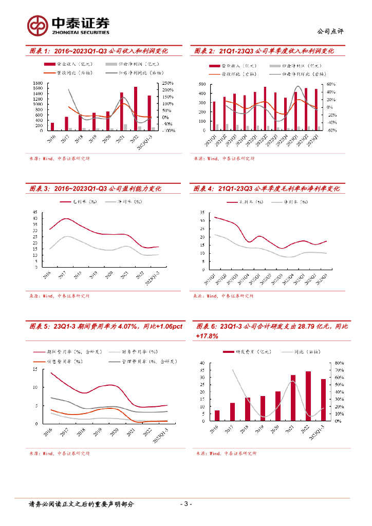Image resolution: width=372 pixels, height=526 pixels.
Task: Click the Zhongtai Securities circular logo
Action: click(x=38, y=24)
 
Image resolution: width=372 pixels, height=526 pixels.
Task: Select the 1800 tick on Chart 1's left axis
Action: click(x=38, y=83)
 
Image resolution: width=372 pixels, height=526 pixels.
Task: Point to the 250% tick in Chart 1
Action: click(x=168, y=83)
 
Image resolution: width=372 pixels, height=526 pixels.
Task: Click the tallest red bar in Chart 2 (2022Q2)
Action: click(x=265, y=108)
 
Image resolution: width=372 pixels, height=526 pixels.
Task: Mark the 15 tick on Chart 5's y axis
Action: click(x=34, y=369)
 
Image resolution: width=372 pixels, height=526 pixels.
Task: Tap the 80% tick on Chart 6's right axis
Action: click(x=339, y=363)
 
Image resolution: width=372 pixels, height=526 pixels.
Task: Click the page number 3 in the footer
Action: click(x=187, y=504)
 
